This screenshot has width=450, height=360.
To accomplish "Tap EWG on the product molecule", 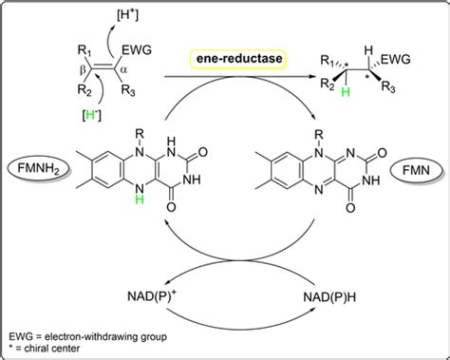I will [398, 60].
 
